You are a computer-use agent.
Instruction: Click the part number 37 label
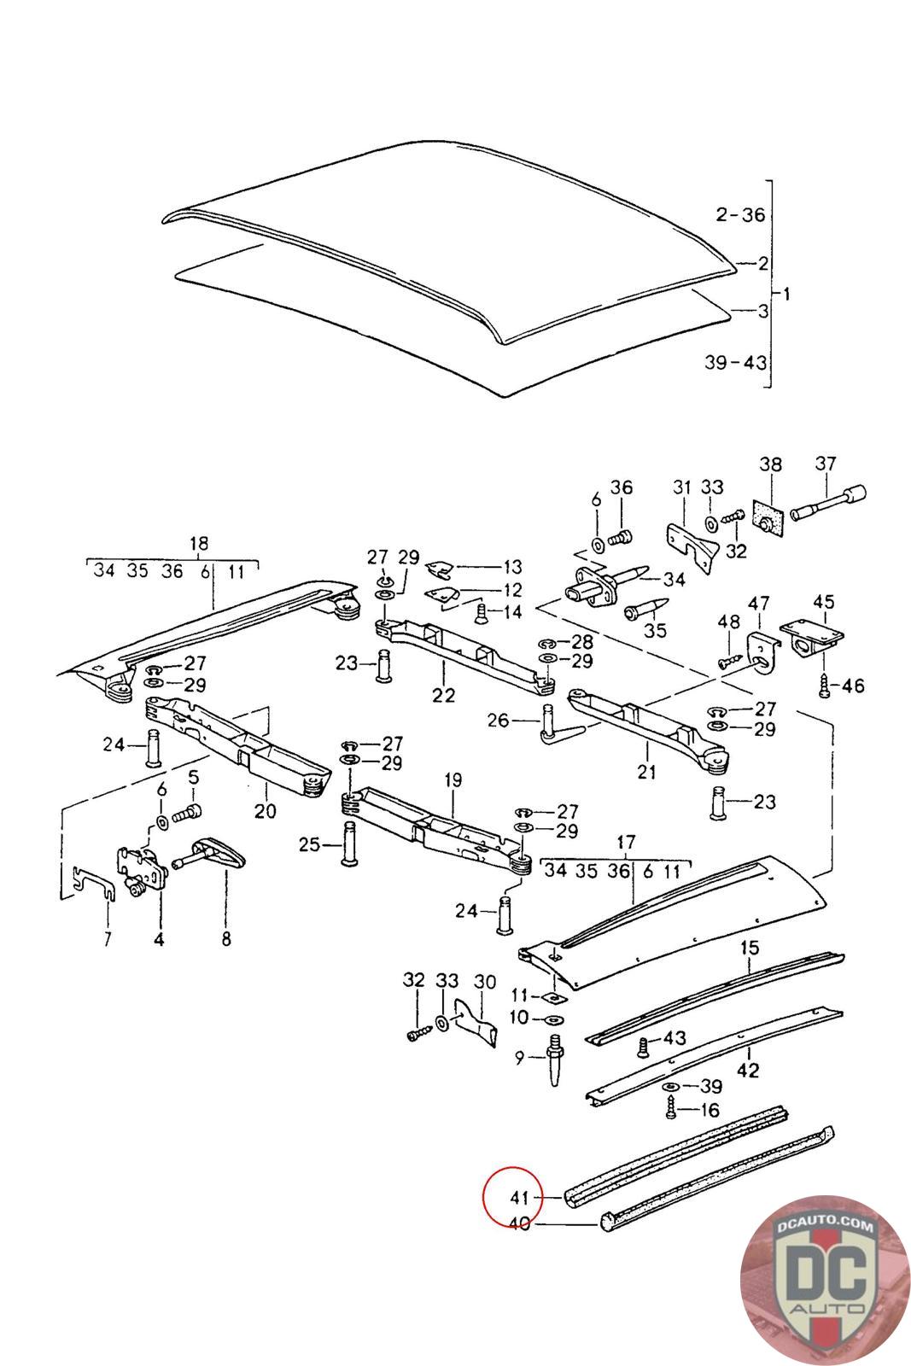coord(825,464)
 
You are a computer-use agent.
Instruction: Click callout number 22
coord(443,695)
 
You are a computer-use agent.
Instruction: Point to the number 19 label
coord(453,779)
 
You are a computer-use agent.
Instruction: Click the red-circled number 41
coord(520,1197)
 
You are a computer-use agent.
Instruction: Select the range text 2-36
coord(740,215)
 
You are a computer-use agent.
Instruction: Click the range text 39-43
coord(735,362)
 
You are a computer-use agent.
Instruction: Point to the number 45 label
coord(823,602)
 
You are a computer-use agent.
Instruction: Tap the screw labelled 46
coord(825,683)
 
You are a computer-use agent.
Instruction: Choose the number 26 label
coord(499,721)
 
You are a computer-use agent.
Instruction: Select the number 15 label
coord(749,947)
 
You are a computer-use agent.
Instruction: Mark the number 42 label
coord(748,1070)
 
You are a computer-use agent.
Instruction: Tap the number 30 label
coord(484,982)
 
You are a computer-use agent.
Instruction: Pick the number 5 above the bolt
coord(194,778)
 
